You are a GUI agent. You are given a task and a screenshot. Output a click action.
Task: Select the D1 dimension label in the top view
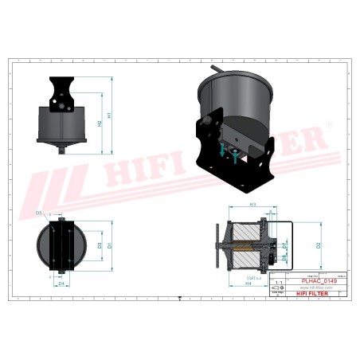click(110, 246)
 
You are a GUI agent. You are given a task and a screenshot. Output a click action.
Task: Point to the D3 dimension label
click(99, 246)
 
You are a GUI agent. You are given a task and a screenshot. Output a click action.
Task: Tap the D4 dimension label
click(61, 283)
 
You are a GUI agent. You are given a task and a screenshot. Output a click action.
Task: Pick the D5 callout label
click(39, 213)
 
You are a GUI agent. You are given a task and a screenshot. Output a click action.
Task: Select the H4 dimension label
click(248, 282)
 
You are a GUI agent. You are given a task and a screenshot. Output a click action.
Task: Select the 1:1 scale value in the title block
click(278, 282)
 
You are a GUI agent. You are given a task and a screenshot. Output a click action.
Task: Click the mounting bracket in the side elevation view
click(61, 94)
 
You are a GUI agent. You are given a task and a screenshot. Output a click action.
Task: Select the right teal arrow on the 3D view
click(237, 157)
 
